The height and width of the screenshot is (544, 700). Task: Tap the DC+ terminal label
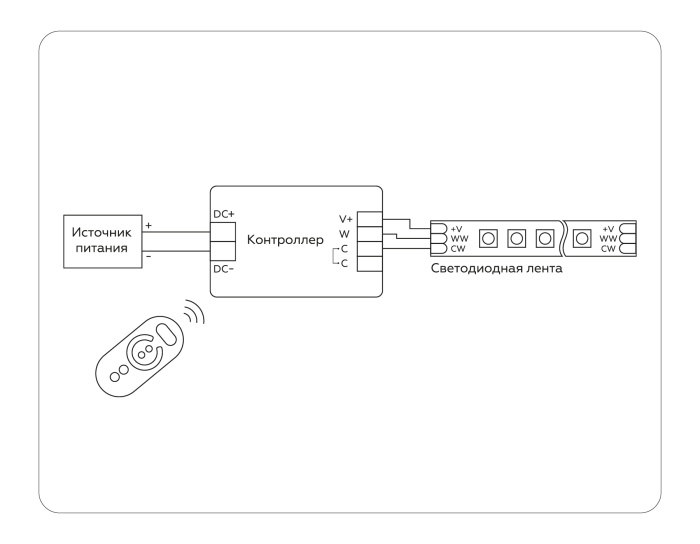click(223, 215)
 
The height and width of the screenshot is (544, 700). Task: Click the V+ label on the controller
click(346, 218)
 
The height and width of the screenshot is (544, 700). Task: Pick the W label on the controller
click(343, 233)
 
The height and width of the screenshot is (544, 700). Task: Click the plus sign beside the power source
click(149, 225)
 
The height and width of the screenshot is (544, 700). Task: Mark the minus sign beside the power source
click(149, 256)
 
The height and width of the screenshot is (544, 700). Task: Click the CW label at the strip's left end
click(456, 248)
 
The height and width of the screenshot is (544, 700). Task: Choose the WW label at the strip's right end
click(607, 238)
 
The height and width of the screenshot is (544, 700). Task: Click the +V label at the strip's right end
click(608, 228)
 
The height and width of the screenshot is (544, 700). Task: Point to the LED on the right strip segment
click(581, 238)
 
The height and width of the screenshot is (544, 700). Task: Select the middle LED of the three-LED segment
click(517, 238)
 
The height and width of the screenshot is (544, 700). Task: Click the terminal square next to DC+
click(222, 230)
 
